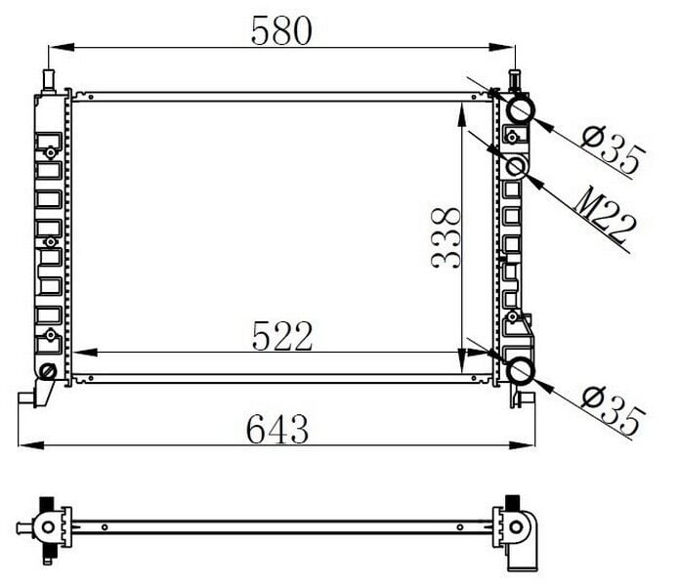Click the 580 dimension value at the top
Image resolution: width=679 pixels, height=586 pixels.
tap(281, 30)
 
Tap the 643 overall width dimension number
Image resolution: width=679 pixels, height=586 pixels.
tap(277, 428)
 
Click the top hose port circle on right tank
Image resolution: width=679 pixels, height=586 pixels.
tap(519, 107)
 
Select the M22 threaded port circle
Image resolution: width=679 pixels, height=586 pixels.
tap(517, 166)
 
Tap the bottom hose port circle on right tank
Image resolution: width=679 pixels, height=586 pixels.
tap(519, 371)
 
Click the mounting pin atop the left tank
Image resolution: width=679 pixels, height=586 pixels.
tap(48, 78)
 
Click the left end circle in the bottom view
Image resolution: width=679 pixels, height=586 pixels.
tap(46, 526)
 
